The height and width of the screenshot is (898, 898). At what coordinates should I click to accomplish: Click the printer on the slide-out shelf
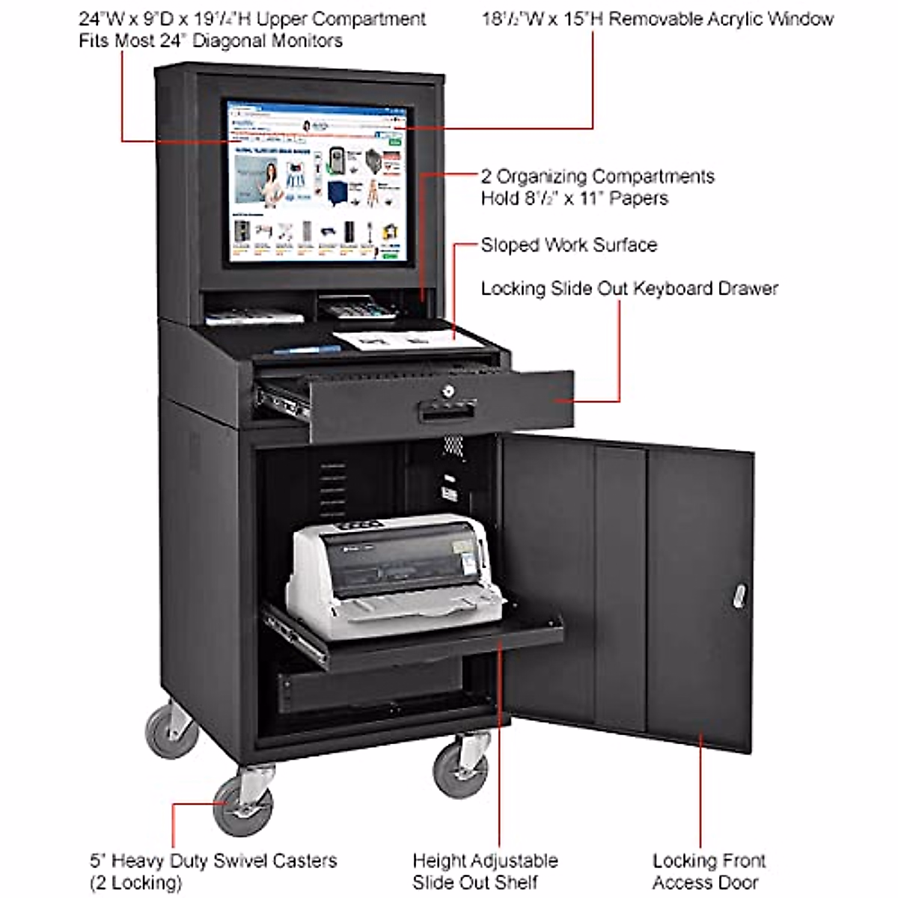(x=393, y=572)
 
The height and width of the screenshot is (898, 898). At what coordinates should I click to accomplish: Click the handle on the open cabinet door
(x=739, y=596)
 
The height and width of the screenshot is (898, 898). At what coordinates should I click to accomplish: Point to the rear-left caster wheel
(x=171, y=730)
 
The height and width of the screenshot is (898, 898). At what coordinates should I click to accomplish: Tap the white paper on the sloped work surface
(x=408, y=339)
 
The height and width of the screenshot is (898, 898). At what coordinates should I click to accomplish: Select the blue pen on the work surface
(x=307, y=348)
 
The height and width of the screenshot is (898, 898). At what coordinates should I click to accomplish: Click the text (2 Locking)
(x=135, y=883)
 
